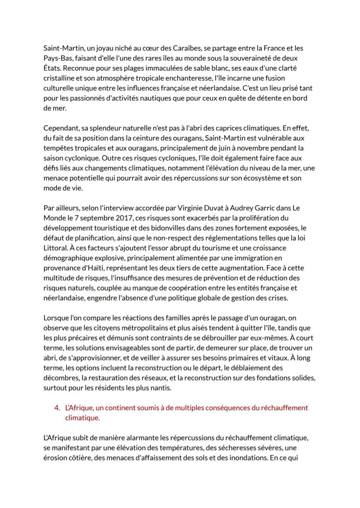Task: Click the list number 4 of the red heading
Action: point(57,408)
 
